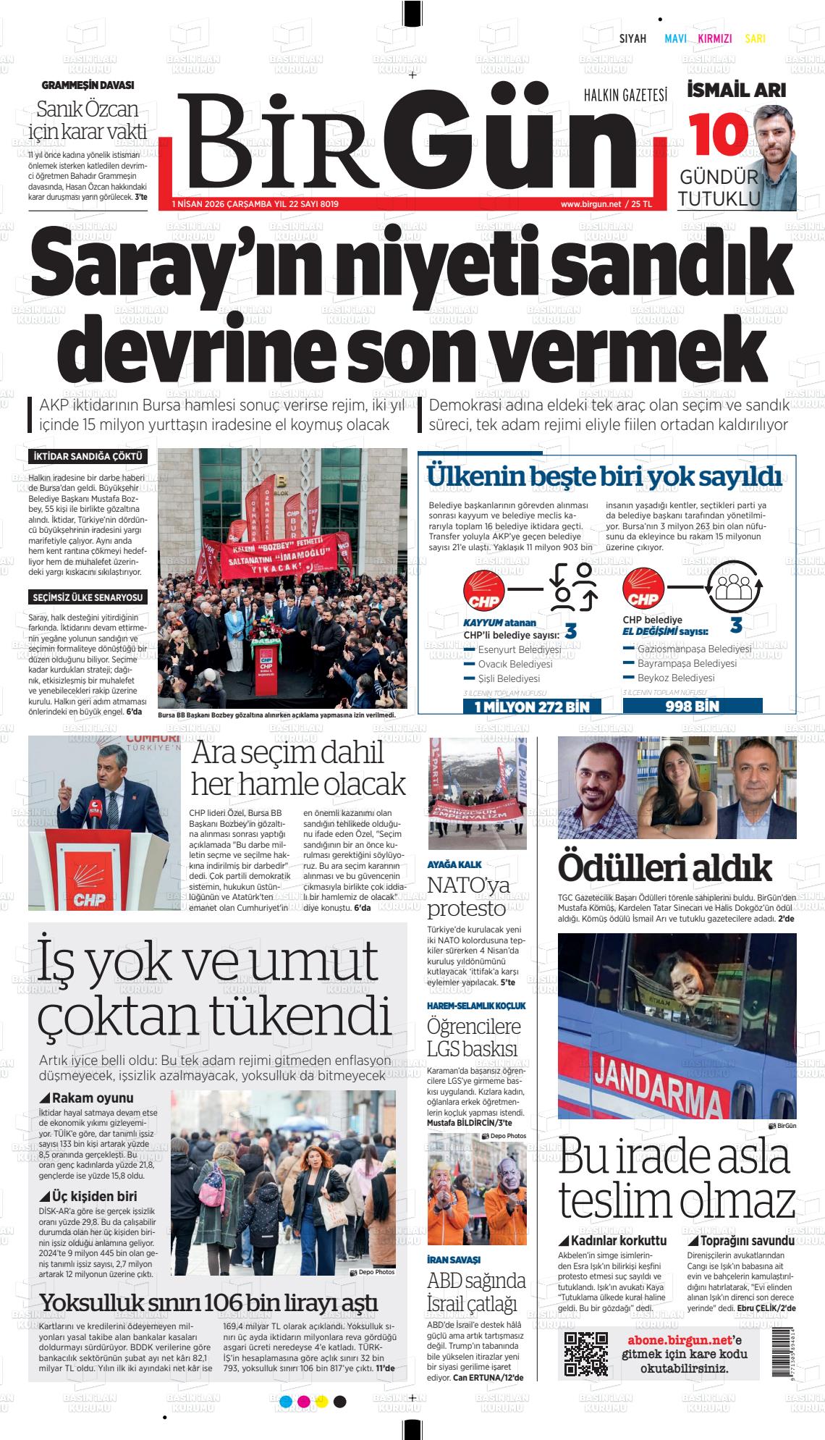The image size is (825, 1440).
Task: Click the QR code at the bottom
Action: point(585,1353)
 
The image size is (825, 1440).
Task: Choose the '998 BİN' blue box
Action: point(692,706)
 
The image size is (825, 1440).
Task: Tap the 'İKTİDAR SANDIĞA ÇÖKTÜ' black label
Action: point(88,457)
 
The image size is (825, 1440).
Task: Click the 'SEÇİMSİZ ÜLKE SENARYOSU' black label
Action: point(88,597)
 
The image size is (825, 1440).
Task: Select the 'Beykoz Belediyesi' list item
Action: point(675,678)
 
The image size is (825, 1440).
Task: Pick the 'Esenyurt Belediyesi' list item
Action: point(519,649)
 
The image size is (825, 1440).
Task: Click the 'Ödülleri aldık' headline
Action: point(665,867)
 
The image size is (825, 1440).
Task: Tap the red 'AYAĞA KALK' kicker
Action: point(454,864)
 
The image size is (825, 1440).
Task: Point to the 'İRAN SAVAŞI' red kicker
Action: point(454,1260)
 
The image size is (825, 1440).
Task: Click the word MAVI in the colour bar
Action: point(675,39)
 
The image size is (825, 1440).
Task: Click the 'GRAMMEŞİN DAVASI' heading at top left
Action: point(88,85)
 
